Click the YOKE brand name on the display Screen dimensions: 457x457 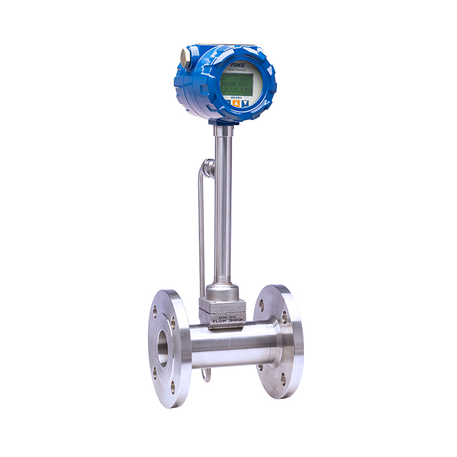(x=236, y=66)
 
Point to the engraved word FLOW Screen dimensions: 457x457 (x=220, y=321)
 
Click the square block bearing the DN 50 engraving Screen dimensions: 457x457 (x=222, y=311)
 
